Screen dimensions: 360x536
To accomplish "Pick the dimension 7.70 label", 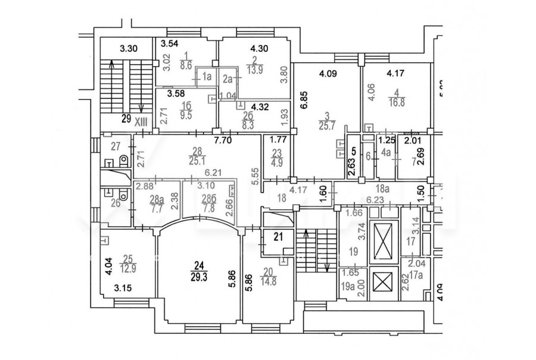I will [x=222, y=141].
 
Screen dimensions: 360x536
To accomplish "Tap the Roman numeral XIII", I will [x=141, y=121].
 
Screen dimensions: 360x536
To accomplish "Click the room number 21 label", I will [x=278, y=236].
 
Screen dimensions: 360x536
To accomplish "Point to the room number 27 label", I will [x=116, y=145].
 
